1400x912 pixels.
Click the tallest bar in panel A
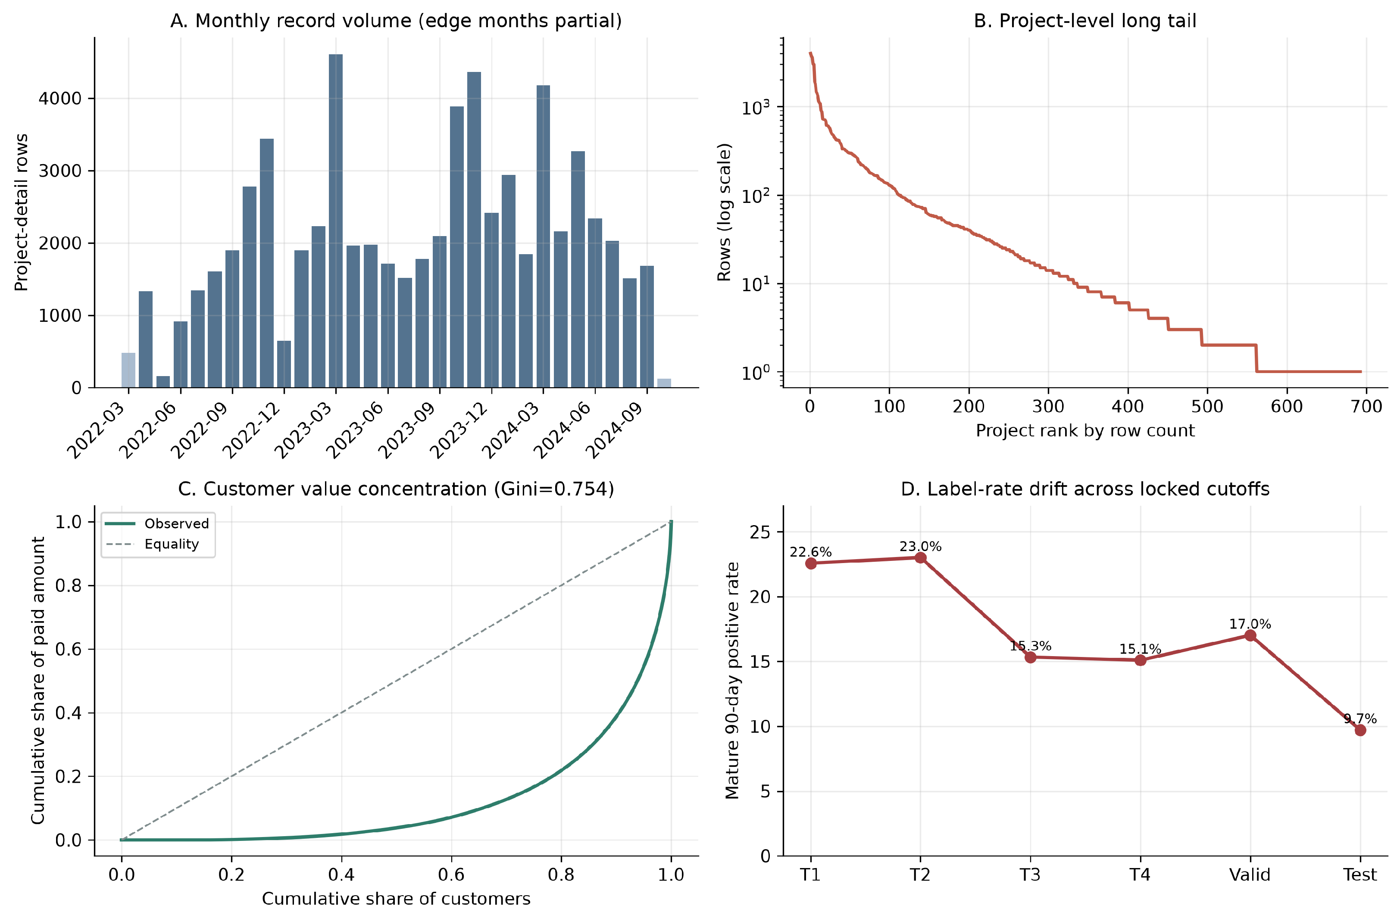click(x=335, y=221)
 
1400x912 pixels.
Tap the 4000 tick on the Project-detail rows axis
click(x=60, y=99)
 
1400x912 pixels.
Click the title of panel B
click(x=1085, y=21)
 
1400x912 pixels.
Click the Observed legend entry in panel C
click(x=157, y=523)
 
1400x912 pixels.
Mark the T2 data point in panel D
click(x=921, y=557)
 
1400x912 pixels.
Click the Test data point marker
click(x=1360, y=730)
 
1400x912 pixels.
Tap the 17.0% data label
click(x=1250, y=624)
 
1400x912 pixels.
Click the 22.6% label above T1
click(x=811, y=552)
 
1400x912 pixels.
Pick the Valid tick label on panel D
click(x=1250, y=875)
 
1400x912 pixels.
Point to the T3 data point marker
click(x=1030, y=657)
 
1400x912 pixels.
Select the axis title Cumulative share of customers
click(x=396, y=899)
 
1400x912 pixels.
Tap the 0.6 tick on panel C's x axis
click(x=451, y=875)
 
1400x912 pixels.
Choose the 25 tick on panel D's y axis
click(x=759, y=532)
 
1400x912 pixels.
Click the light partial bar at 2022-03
click(x=128, y=370)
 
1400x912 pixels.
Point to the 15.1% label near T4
click(x=1140, y=649)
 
